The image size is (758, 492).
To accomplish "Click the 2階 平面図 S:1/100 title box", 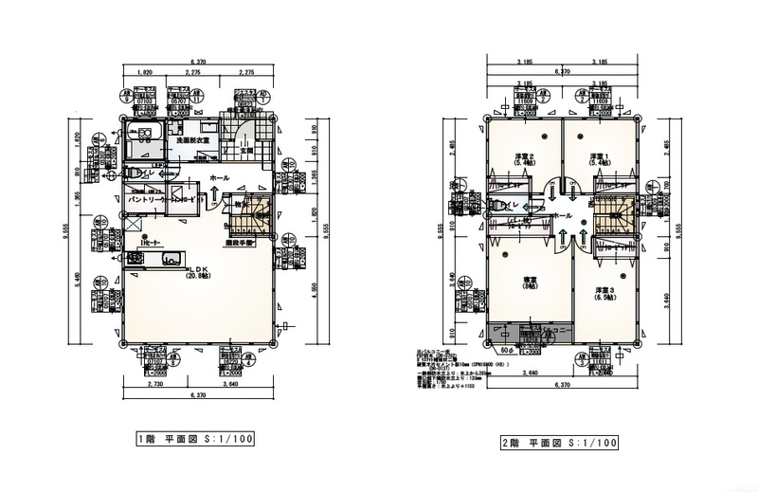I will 559,442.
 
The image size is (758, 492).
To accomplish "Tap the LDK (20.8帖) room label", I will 200,272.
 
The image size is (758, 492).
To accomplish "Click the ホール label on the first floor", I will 218,177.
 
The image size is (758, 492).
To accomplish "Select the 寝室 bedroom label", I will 531,283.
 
